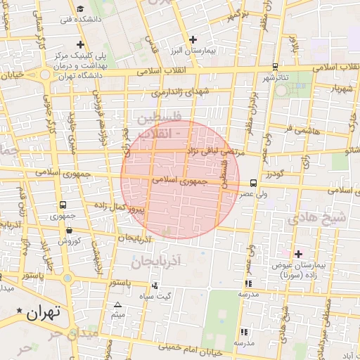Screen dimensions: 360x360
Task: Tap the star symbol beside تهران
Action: (19, 311)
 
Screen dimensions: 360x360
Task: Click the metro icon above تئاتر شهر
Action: (274, 67)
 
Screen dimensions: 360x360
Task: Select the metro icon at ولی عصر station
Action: (253, 183)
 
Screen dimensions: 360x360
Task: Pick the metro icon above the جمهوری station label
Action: (63, 205)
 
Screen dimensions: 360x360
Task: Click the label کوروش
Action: (69, 240)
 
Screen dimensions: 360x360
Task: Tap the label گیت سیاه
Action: (154, 295)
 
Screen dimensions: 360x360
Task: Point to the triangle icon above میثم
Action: (117, 304)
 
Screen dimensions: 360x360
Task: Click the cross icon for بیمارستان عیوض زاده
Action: (299, 254)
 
